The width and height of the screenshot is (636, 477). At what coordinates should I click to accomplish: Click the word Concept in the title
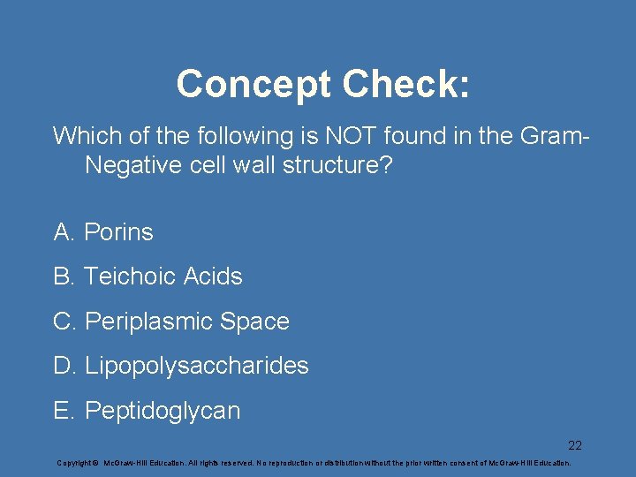pyautogui.click(x=254, y=85)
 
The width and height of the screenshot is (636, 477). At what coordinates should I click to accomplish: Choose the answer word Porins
pyautogui.click(x=118, y=232)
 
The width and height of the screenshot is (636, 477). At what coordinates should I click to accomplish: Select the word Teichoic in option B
pyautogui.click(x=130, y=276)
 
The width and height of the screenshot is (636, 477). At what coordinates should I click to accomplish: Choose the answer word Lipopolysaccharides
pyautogui.click(x=197, y=366)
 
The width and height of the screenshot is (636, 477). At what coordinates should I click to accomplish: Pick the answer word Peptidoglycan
pyautogui.click(x=162, y=411)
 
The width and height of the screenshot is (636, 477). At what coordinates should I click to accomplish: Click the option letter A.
pyautogui.click(x=64, y=232)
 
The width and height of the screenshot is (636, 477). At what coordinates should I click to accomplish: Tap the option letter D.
pyautogui.click(x=64, y=366)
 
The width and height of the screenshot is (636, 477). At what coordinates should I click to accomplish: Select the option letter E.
pyautogui.click(x=64, y=411)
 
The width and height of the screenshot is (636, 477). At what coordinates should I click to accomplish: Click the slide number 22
pyautogui.click(x=574, y=445)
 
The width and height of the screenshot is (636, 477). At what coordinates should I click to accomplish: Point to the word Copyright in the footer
pyautogui.click(x=74, y=463)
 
